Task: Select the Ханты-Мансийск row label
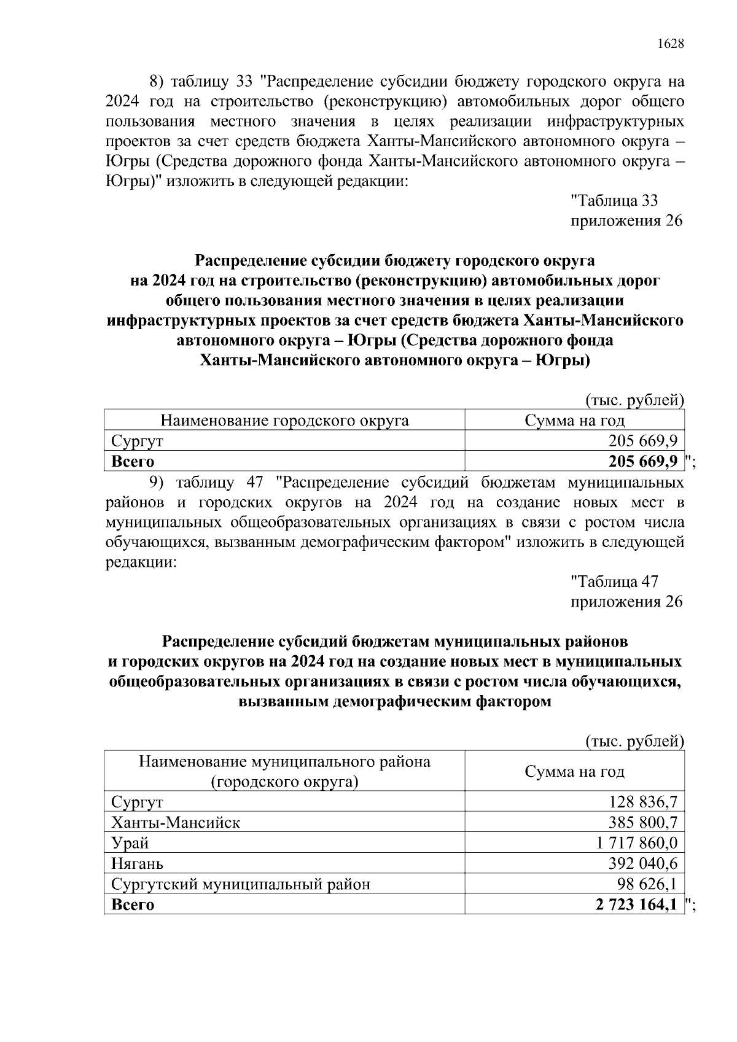click(x=176, y=822)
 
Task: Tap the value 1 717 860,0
click(x=636, y=843)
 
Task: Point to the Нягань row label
click(x=138, y=863)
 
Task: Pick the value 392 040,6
click(x=642, y=863)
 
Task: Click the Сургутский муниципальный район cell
click(x=241, y=884)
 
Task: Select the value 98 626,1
click(x=647, y=884)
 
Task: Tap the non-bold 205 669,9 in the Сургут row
click(x=642, y=441)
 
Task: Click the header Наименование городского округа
click(x=284, y=421)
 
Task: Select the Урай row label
click(x=130, y=843)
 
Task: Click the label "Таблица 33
click(x=614, y=201)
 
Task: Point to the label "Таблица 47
click(x=614, y=581)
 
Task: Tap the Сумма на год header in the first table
click(x=574, y=421)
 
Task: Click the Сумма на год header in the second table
click(x=574, y=771)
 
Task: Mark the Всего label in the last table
click(x=133, y=904)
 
